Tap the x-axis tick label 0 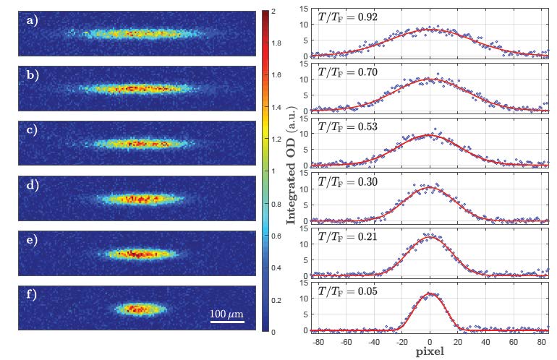[x=430, y=338]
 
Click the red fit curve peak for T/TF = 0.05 [x=430, y=293]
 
